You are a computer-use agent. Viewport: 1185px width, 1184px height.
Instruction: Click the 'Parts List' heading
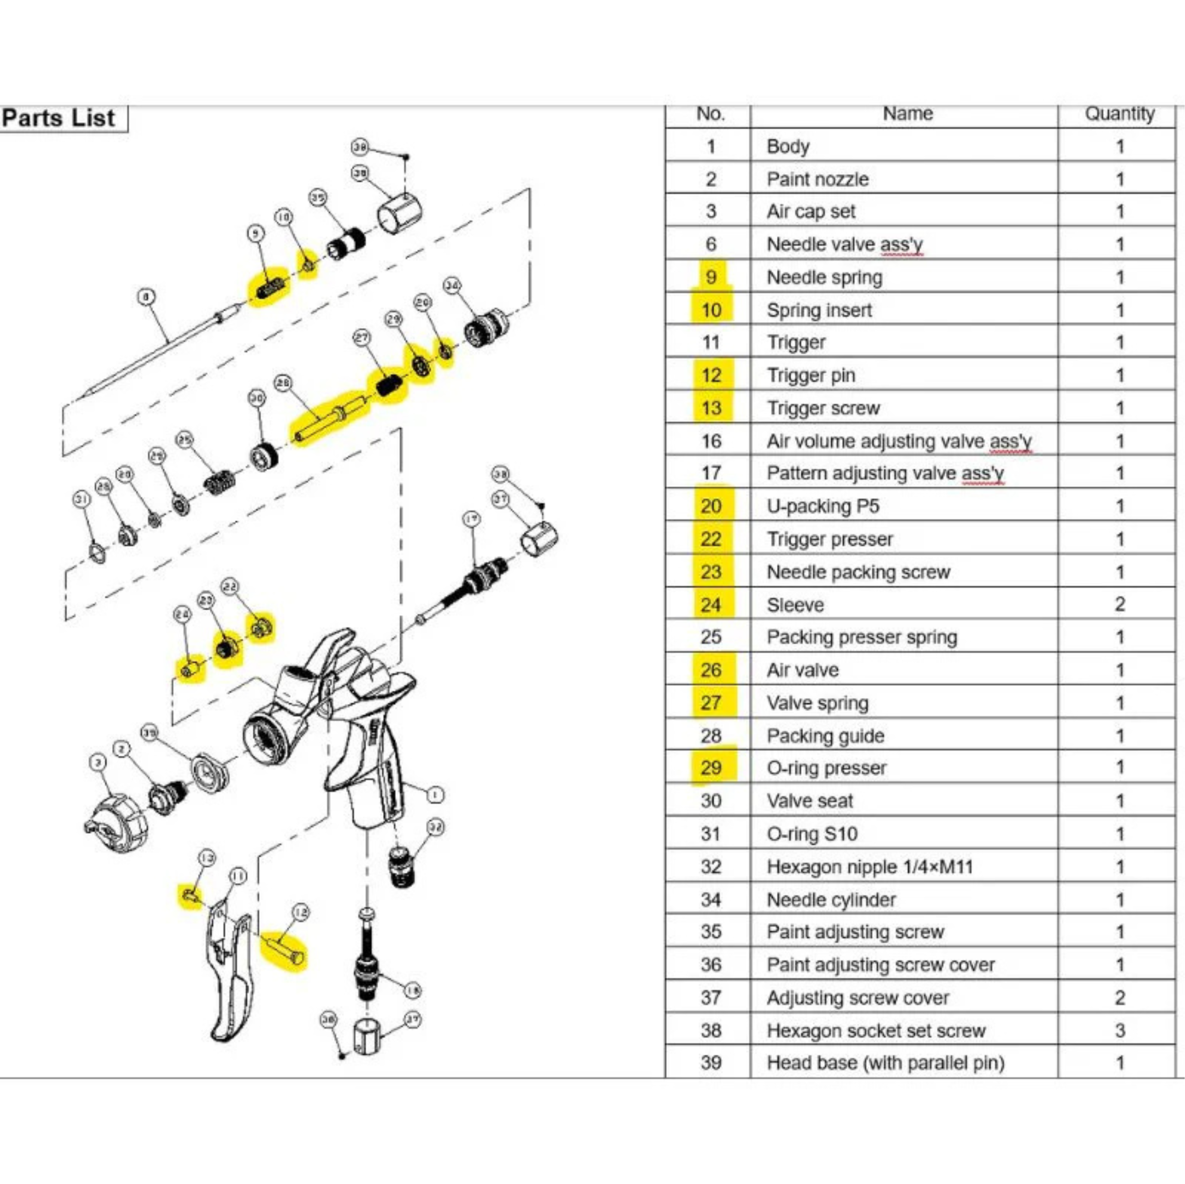click(58, 118)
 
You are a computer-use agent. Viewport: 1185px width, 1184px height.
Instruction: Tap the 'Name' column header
click(907, 114)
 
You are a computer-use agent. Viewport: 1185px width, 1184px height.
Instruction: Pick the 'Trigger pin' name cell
click(811, 375)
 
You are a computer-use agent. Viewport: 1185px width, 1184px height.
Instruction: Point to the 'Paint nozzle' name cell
click(817, 179)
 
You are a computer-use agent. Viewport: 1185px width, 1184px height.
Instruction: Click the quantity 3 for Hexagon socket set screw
click(1119, 1030)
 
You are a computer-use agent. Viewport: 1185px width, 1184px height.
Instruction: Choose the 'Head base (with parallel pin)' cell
click(885, 1063)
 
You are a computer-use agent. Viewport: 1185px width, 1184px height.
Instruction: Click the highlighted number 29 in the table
click(711, 768)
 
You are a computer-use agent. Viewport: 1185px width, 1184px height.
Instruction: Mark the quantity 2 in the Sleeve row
click(1119, 605)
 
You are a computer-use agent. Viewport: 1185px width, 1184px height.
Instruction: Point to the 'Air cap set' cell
click(810, 211)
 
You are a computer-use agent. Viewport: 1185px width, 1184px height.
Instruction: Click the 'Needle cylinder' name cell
click(830, 899)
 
